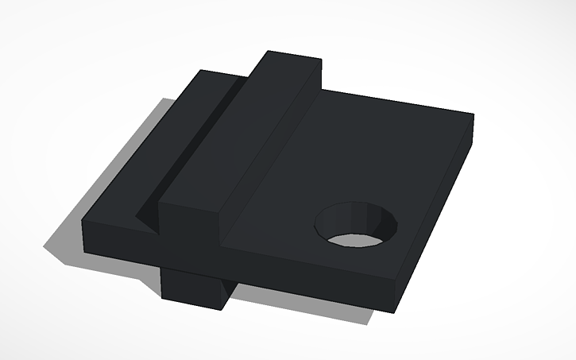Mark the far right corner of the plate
pyautogui.click(x=473, y=115)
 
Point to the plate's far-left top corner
pyautogui.click(x=199, y=72)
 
